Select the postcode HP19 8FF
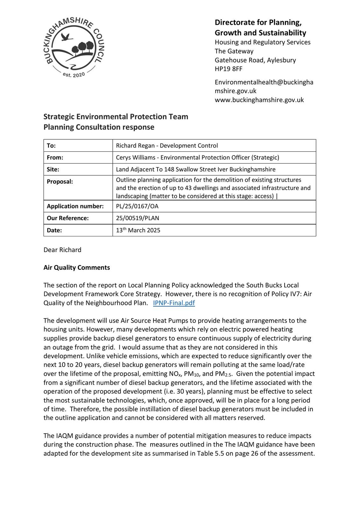[x=228, y=69]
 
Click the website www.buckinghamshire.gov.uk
[x=259, y=100]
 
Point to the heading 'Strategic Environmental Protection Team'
[x=116, y=117]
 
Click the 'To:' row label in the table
[x=51, y=146]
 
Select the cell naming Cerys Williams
[x=197, y=157]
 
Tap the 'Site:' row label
[x=53, y=170]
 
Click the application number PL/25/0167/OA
[x=137, y=206]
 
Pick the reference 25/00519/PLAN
[x=138, y=218]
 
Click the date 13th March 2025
[x=138, y=230]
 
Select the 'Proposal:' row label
[x=60, y=182]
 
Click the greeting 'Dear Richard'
[x=62, y=250]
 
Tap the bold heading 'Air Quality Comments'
[x=77, y=268]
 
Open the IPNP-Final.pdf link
[x=174, y=303]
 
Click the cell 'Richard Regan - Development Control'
[x=167, y=146]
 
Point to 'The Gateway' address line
[x=234, y=51]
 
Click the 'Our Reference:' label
[x=67, y=218]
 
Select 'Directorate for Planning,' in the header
[x=258, y=22]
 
